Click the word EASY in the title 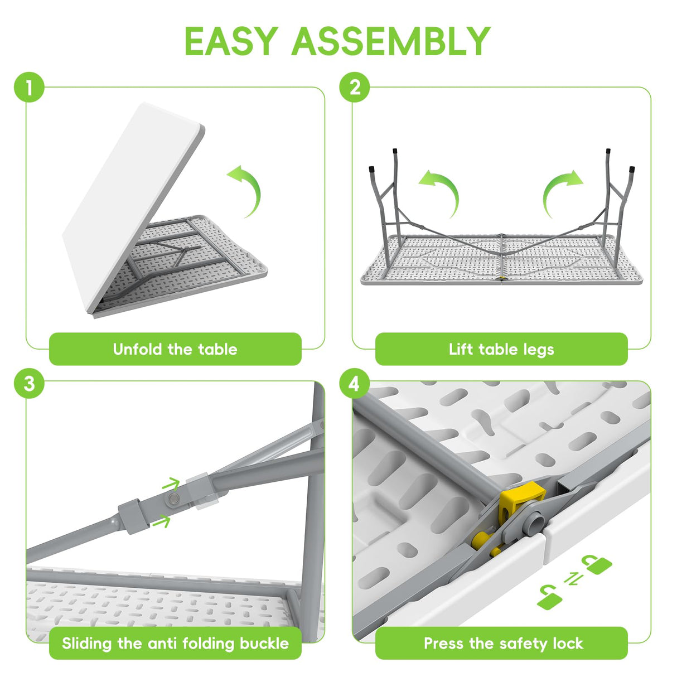231,41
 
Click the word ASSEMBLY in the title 391,41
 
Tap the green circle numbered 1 29,87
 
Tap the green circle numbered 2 355,87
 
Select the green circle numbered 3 29,383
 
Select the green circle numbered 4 355,383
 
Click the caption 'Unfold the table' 175,349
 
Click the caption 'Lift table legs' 501,350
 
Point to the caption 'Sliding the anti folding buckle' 175,644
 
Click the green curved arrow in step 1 254,186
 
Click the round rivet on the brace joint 173,498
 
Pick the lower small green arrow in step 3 161,521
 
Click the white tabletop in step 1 133,207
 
